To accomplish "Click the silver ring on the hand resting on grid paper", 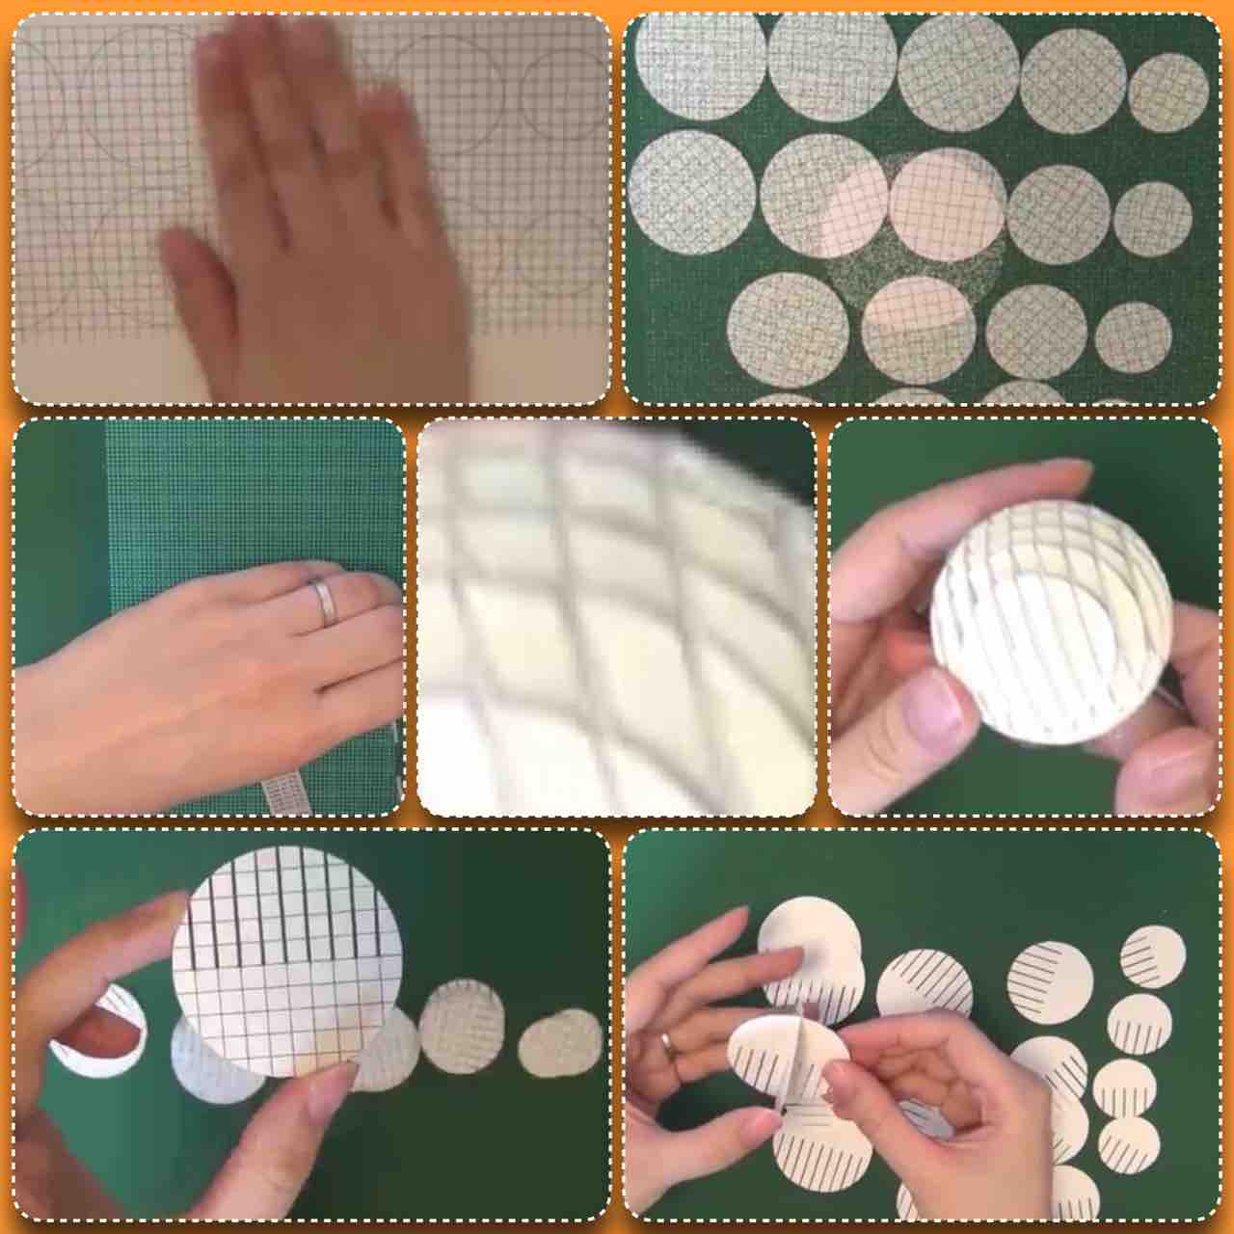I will pyautogui.click(x=323, y=602).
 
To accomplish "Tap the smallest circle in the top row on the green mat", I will pyautogui.click(x=1167, y=93).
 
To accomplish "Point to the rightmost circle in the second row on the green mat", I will pyautogui.click(x=1152, y=218).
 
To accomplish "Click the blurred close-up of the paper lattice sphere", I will pyautogui.click(x=617, y=617).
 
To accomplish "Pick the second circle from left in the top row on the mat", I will pyautogui.click(x=831, y=66).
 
